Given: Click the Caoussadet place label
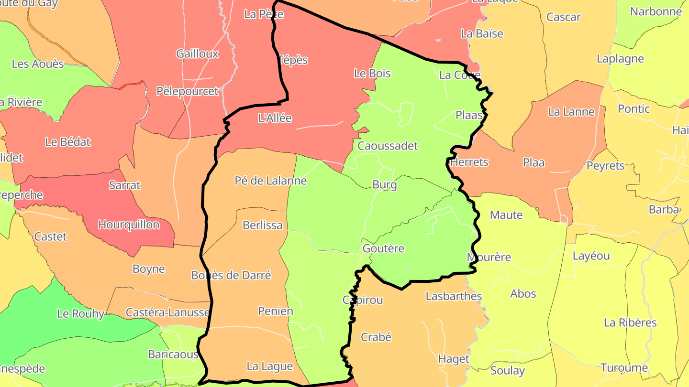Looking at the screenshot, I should (x=388, y=146).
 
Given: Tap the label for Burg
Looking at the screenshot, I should (x=385, y=185).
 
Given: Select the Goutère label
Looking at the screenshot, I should (x=383, y=248).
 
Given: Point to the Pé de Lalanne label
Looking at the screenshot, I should (x=270, y=181).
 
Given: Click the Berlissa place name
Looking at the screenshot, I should (x=263, y=225).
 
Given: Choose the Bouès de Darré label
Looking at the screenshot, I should (x=231, y=275).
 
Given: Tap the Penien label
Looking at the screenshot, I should (x=276, y=311).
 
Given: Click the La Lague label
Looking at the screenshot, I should (x=269, y=366).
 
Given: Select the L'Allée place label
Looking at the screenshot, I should (x=275, y=118).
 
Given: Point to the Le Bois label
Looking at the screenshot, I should (x=372, y=73).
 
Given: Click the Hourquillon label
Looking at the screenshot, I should (x=129, y=225).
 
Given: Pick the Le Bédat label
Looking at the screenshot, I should (x=68, y=142).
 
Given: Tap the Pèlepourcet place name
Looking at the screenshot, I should (x=188, y=91).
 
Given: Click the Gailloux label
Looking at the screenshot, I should (x=197, y=54).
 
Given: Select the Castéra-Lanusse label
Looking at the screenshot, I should (x=167, y=312).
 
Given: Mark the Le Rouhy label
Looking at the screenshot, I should (x=80, y=314).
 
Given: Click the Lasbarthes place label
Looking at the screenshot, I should (x=454, y=296).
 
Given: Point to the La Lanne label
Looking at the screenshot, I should (x=571, y=112).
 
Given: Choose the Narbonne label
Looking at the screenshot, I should (x=656, y=11).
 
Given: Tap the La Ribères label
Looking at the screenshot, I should (x=630, y=322).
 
